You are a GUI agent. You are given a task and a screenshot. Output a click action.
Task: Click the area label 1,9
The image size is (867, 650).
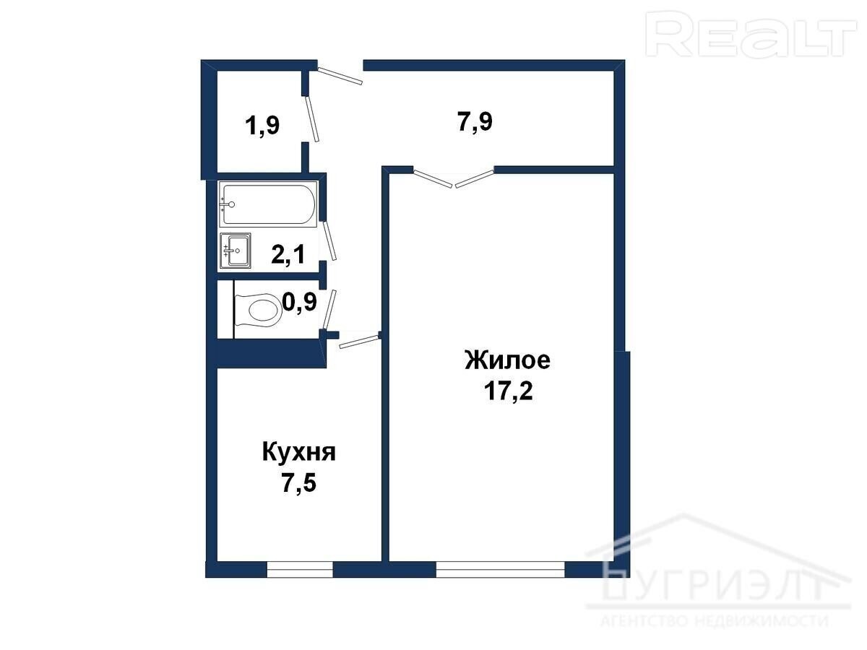click(x=262, y=126)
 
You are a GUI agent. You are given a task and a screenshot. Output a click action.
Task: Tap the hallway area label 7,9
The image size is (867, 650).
click(x=475, y=121)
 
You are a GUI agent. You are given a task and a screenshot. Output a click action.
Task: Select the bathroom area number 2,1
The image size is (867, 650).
click(x=288, y=253)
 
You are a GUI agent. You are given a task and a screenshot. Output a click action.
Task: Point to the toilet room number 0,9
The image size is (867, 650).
click(x=300, y=303)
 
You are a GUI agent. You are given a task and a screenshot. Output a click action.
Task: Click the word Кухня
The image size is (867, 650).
click(x=299, y=452)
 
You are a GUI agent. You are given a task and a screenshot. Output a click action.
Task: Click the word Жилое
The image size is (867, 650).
click(x=508, y=360)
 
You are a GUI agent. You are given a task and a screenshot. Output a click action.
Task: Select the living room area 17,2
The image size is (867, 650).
click(x=509, y=391)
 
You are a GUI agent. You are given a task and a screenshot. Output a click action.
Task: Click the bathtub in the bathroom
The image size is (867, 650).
click(x=269, y=204)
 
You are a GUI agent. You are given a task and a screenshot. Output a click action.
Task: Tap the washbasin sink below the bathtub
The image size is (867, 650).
click(x=236, y=251)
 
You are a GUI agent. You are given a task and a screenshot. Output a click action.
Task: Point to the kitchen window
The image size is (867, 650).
click(x=300, y=570)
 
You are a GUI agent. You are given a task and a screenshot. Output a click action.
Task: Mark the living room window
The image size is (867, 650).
click(x=501, y=570)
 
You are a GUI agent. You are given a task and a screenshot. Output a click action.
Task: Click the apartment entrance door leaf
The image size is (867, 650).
click(x=340, y=76)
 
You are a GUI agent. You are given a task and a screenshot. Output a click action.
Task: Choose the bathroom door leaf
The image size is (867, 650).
click(x=329, y=240)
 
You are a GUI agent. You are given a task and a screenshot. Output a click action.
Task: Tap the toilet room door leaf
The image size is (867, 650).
click(x=329, y=309)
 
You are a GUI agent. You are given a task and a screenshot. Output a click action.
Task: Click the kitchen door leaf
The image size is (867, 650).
click(x=359, y=342)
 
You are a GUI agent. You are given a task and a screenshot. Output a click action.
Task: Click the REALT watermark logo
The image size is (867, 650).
click(x=751, y=34)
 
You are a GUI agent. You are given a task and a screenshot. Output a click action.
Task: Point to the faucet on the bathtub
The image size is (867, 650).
click(x=228, y=204)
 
